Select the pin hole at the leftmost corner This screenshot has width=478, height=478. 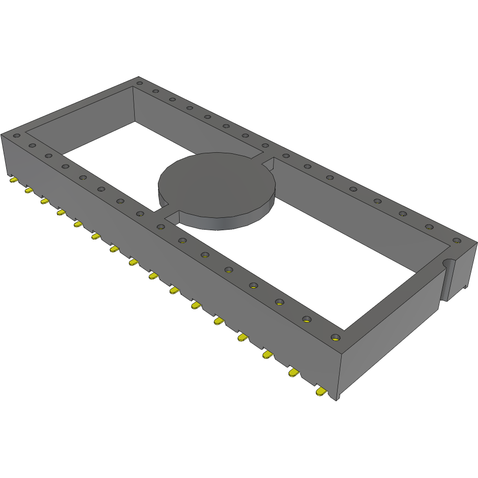[x=17, y=136]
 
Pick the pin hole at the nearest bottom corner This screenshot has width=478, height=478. [x=336, y=338]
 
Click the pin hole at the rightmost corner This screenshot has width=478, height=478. [x=456, y=240]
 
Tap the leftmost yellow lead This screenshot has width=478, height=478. [x=13, y=181]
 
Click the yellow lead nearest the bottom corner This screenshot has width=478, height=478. [x=321, y=393]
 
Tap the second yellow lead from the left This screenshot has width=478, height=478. [x=29, y=190]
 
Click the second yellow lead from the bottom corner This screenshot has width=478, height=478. [x=294, y=373]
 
